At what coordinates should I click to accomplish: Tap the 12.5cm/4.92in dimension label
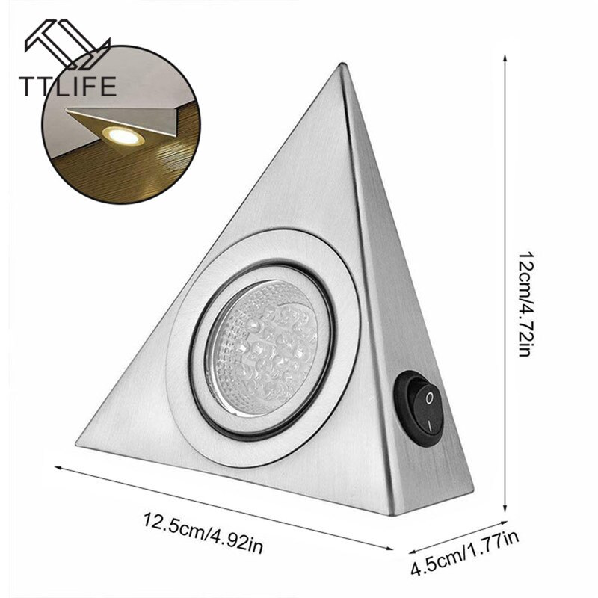[203, 533]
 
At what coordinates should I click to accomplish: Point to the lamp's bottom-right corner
[395, 515]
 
